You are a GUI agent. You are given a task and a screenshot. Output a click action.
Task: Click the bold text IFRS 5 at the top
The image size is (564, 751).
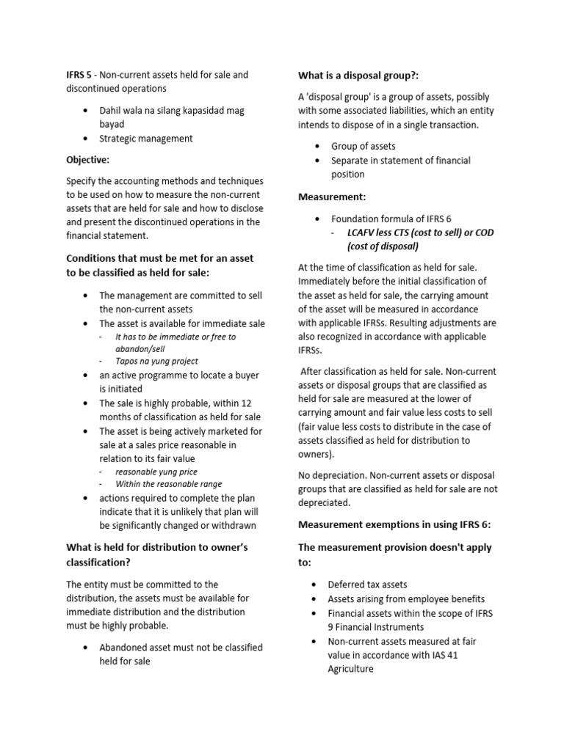[x=79, y=75]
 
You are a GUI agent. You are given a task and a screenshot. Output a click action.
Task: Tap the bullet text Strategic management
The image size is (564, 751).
[x=146, y=138]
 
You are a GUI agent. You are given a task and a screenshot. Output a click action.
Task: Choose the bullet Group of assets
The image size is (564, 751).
[x=363, y=146]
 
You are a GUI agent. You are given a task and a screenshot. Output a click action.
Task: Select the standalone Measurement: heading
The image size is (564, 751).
[x=332, y=197]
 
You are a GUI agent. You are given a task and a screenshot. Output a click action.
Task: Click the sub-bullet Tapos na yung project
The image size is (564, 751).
[x=156, y=361]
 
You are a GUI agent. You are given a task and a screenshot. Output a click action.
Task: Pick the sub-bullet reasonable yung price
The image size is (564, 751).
[x=156, y=472]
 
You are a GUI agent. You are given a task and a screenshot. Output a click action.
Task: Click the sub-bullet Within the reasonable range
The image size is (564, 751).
[x=168, y=484]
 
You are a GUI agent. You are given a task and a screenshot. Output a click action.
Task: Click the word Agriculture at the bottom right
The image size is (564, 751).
[x=351, y=669]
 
